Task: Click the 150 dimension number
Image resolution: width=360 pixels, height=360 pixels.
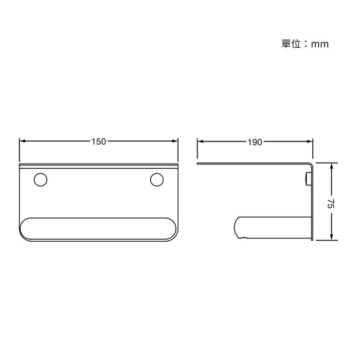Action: click(99, 142)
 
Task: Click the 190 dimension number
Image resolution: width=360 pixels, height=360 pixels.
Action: click(255, 142)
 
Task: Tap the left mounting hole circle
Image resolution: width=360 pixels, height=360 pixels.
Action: click(40, 180)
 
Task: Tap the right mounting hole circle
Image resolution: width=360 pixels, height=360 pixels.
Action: click(157, 180)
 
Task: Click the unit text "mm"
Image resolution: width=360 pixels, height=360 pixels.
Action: click(320, 44)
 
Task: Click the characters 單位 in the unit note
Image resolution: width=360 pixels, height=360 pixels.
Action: click(290, 44)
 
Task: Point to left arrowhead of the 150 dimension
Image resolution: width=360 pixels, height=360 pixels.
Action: click(22, 142)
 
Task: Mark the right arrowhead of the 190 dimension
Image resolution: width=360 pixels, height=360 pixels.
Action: click(309, 142)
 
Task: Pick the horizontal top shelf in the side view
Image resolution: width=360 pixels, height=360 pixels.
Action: click(253, 164)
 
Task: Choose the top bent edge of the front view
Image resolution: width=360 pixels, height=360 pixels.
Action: click(99, 165)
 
